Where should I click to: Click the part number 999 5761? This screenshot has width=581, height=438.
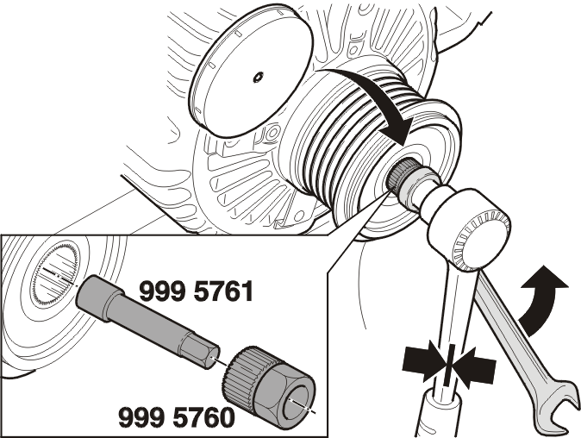tap(197, 291)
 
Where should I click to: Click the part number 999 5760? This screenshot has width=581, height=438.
tap(177, 417)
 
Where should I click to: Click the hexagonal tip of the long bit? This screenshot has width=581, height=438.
tap(200, 353)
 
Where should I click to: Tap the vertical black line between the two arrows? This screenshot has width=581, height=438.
tap(449, 365)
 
